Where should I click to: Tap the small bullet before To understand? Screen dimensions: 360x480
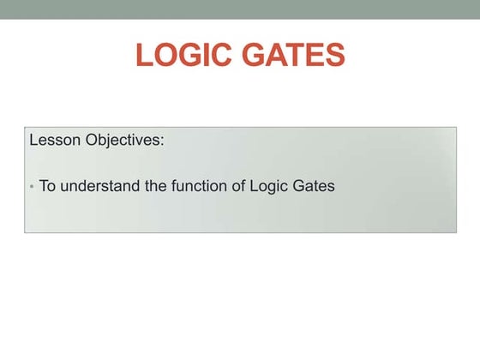[x=32, y=186]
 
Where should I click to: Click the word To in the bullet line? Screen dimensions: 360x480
[x=47, y=185]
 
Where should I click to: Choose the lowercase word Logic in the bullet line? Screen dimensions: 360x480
[x=269, y=186]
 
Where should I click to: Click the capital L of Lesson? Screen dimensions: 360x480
[x=33, y=140]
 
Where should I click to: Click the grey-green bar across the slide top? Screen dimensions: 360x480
[x=240, y=9]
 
